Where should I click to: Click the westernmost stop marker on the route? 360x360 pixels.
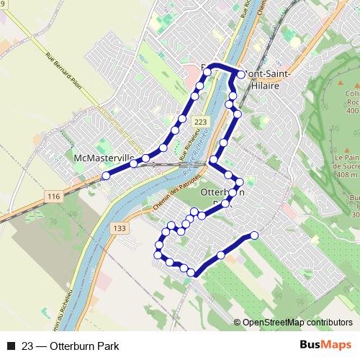point(106,175)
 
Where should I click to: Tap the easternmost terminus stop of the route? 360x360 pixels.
point(253,235)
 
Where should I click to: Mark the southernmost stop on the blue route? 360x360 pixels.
point(192,272)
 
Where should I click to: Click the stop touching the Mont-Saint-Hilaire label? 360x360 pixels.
point(240,74)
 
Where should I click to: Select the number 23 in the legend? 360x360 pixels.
point(28,346)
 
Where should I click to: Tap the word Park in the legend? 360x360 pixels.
point(107,346)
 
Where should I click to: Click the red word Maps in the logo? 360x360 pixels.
point(336,345)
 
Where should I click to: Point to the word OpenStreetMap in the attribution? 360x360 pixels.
point(272,322)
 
